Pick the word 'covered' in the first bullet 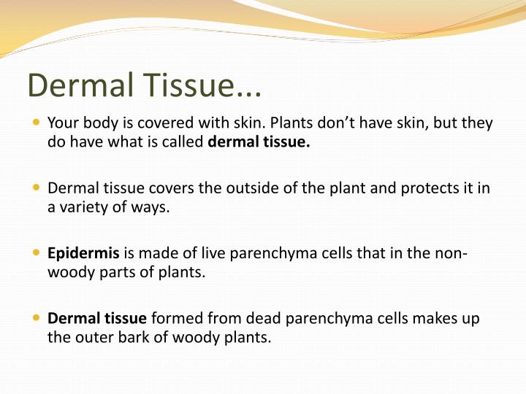tap(148, 123)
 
